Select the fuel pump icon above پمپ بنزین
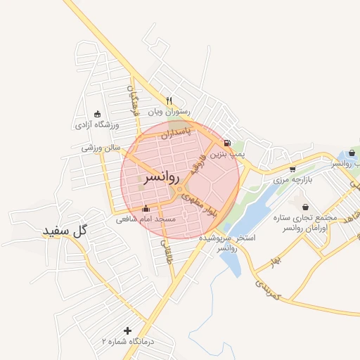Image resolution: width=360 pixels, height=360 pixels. [x=227, y=143]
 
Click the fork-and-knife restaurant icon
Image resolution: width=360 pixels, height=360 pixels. [x=169, y=100]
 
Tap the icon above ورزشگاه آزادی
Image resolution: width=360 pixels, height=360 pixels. [x=97, y=114]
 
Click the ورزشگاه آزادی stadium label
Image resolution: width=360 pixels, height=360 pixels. [x=97, y=125]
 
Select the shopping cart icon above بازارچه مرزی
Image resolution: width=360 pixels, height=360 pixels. [x=292, y=169]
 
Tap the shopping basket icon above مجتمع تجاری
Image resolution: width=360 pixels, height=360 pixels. [x=305, y=207]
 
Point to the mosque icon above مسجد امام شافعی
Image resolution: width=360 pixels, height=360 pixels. [x=146, y=208]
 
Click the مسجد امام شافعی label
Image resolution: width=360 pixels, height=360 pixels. [x=150, y=219]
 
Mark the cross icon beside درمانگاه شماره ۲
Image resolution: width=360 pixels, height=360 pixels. [x=127, y=330]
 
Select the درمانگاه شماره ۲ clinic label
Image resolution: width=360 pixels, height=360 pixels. [x=127, y=341]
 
